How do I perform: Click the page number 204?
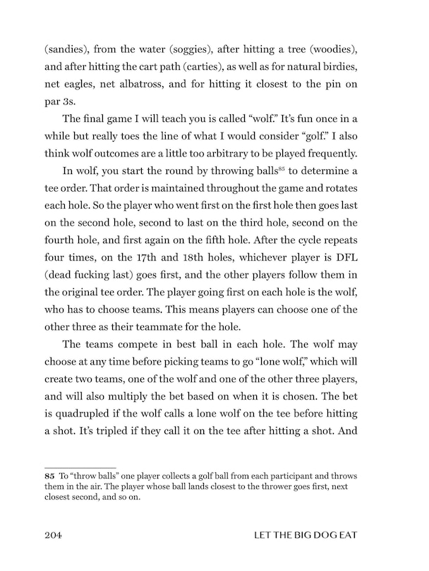coord(54,536)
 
